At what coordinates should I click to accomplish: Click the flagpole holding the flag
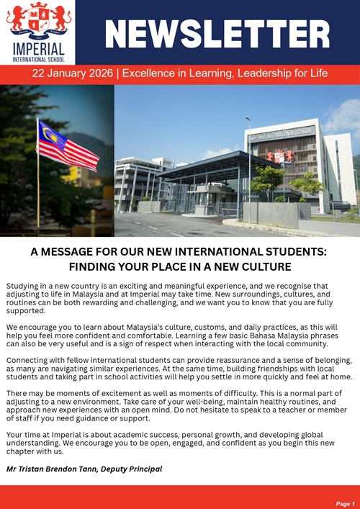[38, 180]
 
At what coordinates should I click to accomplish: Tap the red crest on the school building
[280, 156]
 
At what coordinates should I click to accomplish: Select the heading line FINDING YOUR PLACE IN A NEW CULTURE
[180, 266]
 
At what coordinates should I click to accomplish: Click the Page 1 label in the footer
[345, 503]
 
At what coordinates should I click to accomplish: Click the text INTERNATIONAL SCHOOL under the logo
[38, 59]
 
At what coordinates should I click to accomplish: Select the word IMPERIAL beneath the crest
[38, 50]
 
